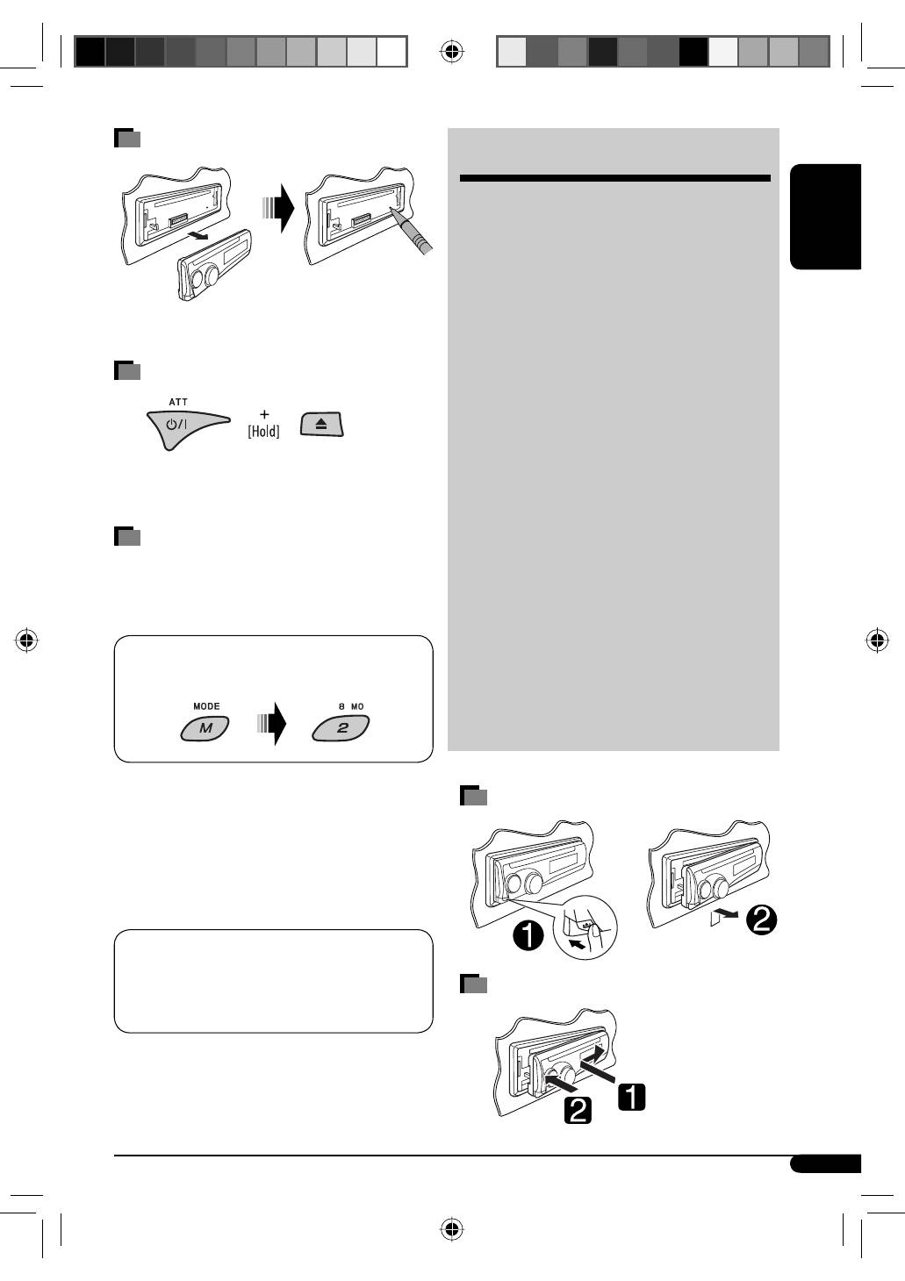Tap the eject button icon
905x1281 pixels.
321,425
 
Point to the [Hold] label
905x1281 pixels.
263,432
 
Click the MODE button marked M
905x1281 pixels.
205,728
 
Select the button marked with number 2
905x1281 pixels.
341,728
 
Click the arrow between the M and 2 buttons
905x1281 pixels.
272,723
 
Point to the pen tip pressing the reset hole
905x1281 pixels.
394,212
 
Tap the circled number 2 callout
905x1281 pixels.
760,920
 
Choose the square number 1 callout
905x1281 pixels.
632,1097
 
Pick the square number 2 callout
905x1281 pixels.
577,1111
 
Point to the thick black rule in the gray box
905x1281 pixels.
614,178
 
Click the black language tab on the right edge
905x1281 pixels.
826,217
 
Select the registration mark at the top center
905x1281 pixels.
452,52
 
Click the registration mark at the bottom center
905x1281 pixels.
452,1228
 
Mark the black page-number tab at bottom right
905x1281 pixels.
825,1163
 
